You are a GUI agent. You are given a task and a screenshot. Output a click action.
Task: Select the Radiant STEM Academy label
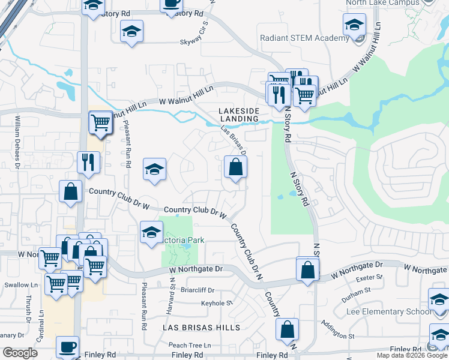point(304,38)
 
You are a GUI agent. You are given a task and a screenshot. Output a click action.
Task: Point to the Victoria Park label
point(184,241)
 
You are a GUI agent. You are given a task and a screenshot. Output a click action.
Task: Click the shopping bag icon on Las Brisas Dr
point(235,168)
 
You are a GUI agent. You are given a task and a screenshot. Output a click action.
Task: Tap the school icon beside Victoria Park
point(151,232)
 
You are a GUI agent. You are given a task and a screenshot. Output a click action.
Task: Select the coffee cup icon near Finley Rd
point(67,347)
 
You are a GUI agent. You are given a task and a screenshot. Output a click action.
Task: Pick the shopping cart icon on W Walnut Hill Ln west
point(100,123)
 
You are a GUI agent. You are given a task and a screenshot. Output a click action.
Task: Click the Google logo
point(20,353)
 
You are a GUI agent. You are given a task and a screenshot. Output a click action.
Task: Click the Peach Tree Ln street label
point(190,346)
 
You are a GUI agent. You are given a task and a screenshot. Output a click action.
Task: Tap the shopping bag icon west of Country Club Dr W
point(70,192)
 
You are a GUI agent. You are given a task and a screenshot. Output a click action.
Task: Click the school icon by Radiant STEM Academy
point(354,26)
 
